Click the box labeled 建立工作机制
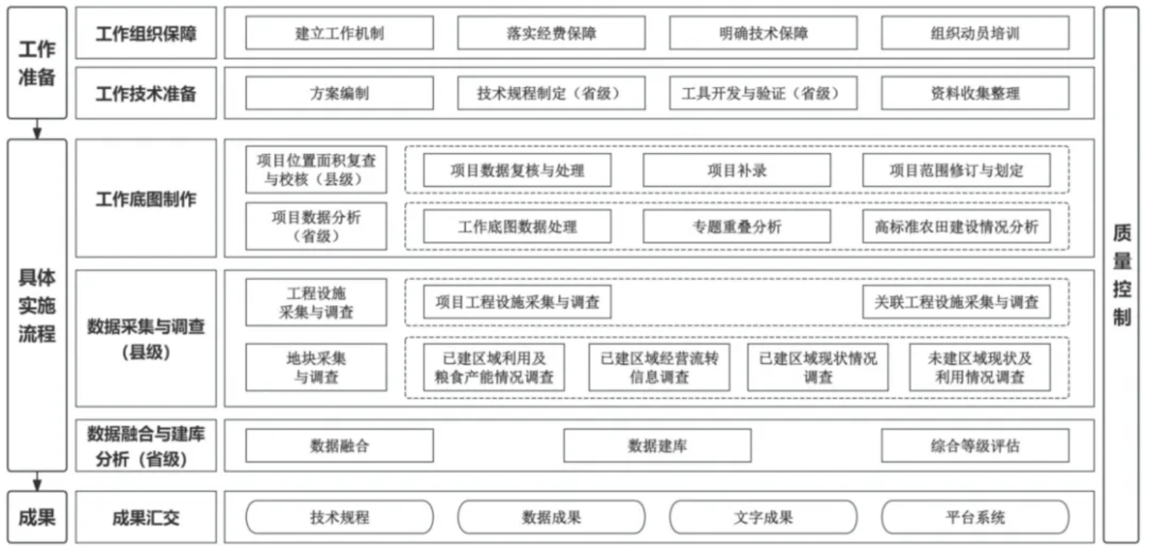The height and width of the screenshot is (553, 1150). [339, 33]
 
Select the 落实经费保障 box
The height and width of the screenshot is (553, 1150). [551, 33]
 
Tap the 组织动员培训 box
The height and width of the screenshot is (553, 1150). [976, 33]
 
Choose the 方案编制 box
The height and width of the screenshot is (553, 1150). [339, 93]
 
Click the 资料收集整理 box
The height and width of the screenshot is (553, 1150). [976, 93]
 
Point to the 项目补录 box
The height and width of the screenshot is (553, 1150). [737, 170]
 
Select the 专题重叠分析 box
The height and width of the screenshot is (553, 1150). [737, 226]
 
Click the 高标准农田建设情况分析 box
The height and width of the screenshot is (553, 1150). [957, 226]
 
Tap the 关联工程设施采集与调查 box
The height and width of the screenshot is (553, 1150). [957, 302]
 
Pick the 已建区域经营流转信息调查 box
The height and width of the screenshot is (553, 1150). [659, 368]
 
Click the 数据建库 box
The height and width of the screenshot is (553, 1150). [657, 446]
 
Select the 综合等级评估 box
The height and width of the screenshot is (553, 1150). [976, 446]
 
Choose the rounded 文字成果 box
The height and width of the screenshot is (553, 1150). [764, 517]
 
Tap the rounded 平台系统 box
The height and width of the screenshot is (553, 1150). [976, 517]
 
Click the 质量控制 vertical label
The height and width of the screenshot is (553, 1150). [1121, 275]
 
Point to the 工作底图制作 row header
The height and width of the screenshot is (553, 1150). [147, 198]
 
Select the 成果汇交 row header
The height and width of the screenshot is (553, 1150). [147, 517]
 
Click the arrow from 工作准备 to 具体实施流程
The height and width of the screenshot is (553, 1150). [37, 128]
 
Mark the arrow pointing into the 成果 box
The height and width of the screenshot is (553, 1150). [37, 481]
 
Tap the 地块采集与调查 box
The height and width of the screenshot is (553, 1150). [316, 368]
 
